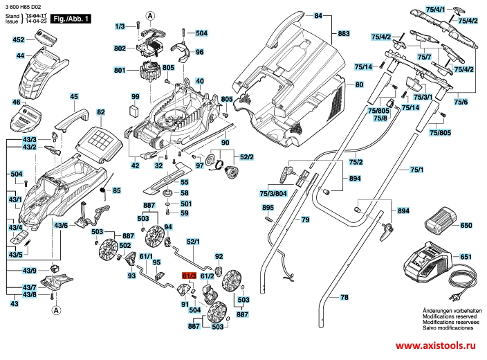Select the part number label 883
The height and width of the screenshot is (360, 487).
click(x=343, y=33)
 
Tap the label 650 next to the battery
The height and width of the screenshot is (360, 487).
click(x=466, y=226)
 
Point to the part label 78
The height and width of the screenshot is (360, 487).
click(x=343, y=297)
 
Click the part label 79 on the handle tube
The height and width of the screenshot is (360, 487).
click(x=304, y=219)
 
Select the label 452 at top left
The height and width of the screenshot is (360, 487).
click(x=19, y=41)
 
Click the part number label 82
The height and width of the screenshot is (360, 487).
click(x=100, y=111)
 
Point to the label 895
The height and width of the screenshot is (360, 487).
click(x=268, y=208)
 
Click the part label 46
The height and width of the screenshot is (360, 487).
click(x=17, y=102)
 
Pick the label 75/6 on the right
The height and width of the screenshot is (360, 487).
click(x=461, y=102)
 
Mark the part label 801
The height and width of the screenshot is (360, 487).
click(x=119, y=71)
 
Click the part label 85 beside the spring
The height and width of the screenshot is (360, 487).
click(x=116, y=190)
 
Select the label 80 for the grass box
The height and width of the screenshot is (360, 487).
click(x=358, y=84)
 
